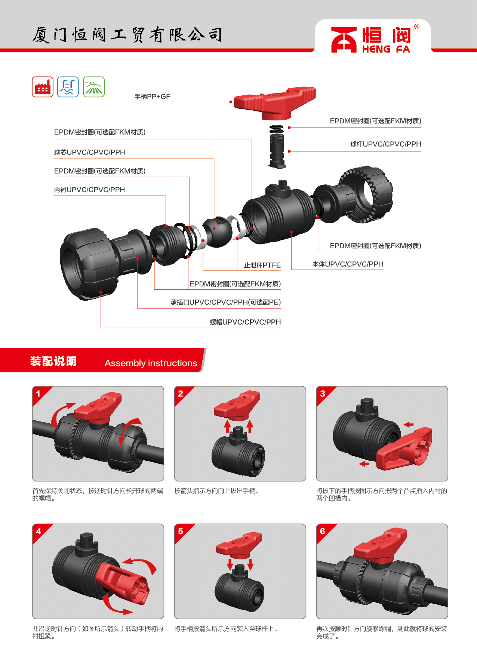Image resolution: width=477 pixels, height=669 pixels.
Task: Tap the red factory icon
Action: tap(43, 87)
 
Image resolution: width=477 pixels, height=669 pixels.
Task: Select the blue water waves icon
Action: tap(68, 87)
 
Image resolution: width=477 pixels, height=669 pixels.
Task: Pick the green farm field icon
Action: tap(94, 87)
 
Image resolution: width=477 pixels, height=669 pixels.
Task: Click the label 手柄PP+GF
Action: tap(153, 96)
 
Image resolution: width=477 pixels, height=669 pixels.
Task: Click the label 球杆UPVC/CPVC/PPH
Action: tap(385, 144)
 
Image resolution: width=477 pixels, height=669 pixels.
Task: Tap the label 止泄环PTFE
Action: tap(262, 265)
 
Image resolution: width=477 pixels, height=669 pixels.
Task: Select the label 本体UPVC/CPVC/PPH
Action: tap(348, 264)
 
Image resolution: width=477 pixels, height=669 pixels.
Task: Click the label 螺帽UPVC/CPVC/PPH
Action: tap(245, 322)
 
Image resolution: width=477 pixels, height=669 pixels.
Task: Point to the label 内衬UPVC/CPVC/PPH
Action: tap(90, 190)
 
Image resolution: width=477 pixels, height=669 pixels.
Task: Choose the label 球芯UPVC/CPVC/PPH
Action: tap(90, 152)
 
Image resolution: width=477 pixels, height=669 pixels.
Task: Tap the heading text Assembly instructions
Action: tap(151, 363)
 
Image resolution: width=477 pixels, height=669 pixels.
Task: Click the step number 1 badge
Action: tap(38, 393)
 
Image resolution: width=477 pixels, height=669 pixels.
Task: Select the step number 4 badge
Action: tap(38, 531)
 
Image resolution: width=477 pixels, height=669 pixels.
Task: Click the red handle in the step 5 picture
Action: tap(239, 544)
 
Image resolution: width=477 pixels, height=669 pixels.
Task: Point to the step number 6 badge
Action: tap(322, 531)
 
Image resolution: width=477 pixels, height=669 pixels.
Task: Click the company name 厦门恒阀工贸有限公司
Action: tap(127, 35)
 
